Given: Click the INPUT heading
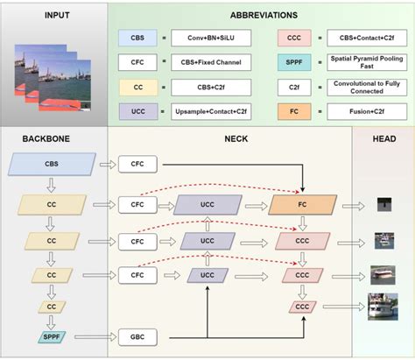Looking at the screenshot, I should [x=53, y=15].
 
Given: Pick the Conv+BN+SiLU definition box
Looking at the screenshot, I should [x=206, y=39].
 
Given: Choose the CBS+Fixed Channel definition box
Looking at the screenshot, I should [x=206, y=64].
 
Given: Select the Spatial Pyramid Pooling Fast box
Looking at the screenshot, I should [x=363, y=64].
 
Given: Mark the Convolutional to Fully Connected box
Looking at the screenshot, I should [x=363, y=88].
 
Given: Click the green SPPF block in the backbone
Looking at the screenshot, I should [x=51, y=335].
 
